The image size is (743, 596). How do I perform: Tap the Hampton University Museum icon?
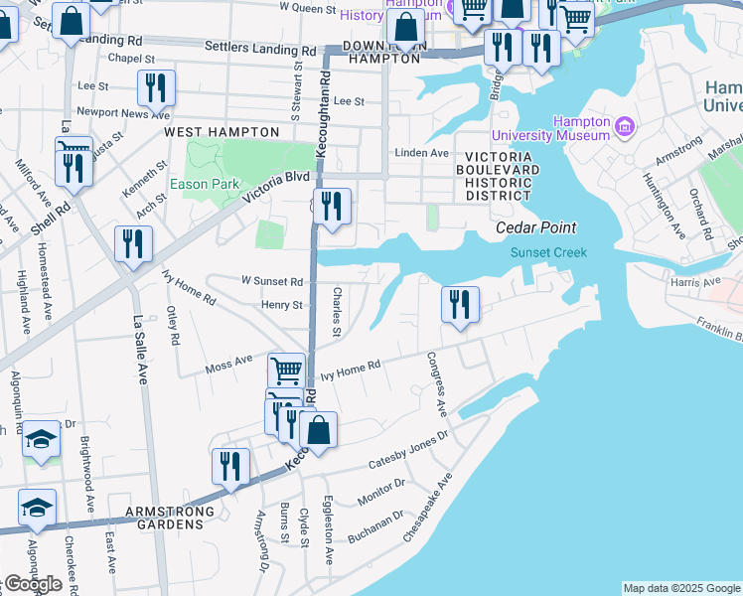[625, 126]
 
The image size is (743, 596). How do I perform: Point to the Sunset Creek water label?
[548, 252]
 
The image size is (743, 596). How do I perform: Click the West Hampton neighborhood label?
[222, 132]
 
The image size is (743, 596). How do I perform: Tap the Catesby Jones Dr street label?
[409, 450]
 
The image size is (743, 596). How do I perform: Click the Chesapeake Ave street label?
[427, 507]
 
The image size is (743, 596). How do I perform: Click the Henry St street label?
[282, 305]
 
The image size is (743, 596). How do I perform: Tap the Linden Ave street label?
[422, 153]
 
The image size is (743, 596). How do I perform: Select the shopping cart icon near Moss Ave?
[287, 371]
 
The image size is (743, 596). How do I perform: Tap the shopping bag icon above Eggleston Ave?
[319, 430]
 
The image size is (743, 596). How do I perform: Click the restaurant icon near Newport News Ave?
[156, 87]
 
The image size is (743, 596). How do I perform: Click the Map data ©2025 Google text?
[680, 588]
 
